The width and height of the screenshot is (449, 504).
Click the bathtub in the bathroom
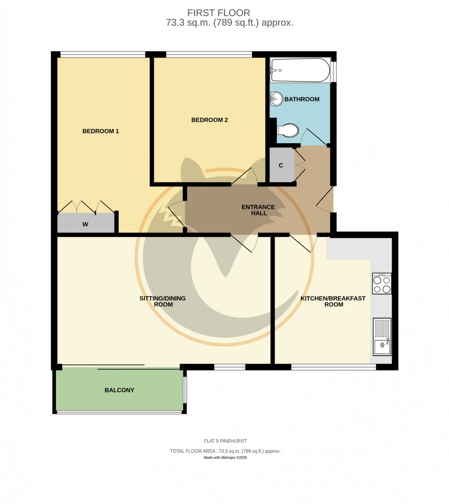pos(300,70)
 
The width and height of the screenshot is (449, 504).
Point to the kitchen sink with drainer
pos(382,337)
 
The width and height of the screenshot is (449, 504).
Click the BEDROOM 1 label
pos(100,131)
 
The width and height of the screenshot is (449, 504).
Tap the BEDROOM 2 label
pos(209,120)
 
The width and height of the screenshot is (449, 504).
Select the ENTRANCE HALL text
pos(258,210)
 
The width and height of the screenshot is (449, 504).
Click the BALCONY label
pos(119,390)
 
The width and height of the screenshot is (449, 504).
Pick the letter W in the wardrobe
pos(85,224)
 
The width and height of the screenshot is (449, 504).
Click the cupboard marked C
pos(281,165)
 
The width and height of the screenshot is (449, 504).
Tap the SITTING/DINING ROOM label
pos(163,302)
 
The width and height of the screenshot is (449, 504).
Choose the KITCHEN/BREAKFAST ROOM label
pos(333,302)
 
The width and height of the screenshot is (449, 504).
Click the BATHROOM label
pos(302,99)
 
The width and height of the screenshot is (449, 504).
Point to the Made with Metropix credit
pos(225,458)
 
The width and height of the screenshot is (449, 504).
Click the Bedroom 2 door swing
pos(245,177)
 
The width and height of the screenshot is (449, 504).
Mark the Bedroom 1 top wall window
pos(103,55)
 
